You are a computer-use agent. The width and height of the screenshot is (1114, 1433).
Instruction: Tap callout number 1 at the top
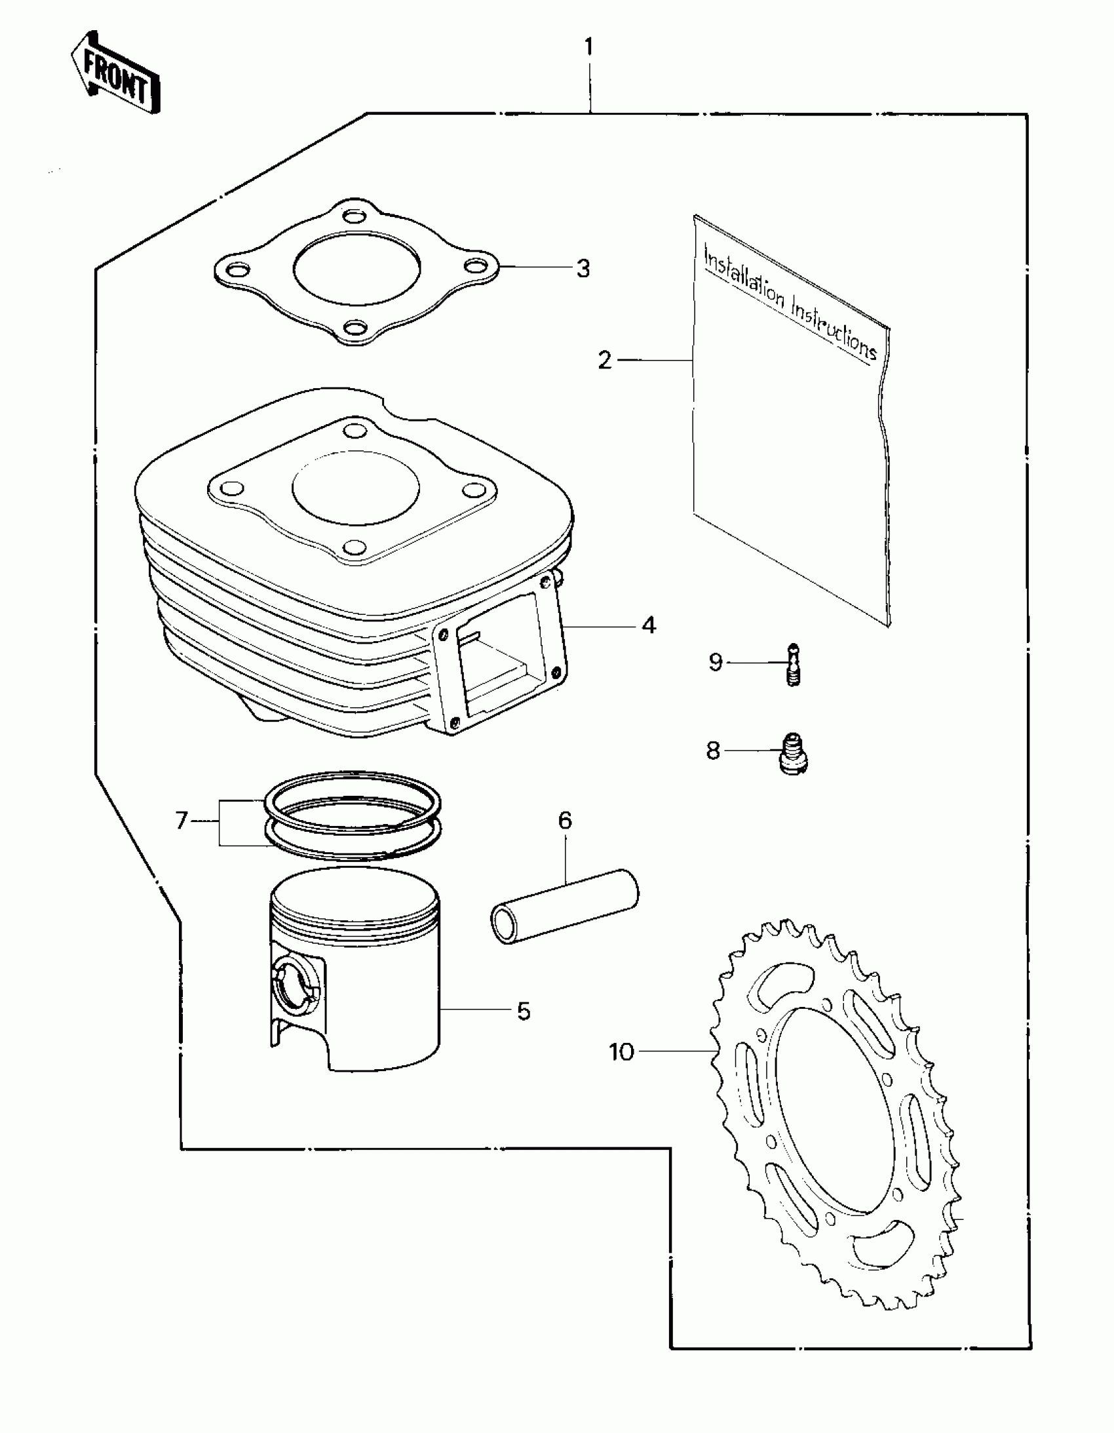[x=588, y=47]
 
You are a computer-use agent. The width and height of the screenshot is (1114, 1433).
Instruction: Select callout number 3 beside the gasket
[x=583, y=268]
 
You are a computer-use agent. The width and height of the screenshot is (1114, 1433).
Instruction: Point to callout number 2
[x=604, y=361]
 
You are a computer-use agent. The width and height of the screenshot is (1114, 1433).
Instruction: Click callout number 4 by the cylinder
[x=648, y=625]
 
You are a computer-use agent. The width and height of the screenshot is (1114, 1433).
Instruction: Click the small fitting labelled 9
[x=793, y=664]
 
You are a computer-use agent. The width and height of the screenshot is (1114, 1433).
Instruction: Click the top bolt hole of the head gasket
[x=355, y=215]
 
